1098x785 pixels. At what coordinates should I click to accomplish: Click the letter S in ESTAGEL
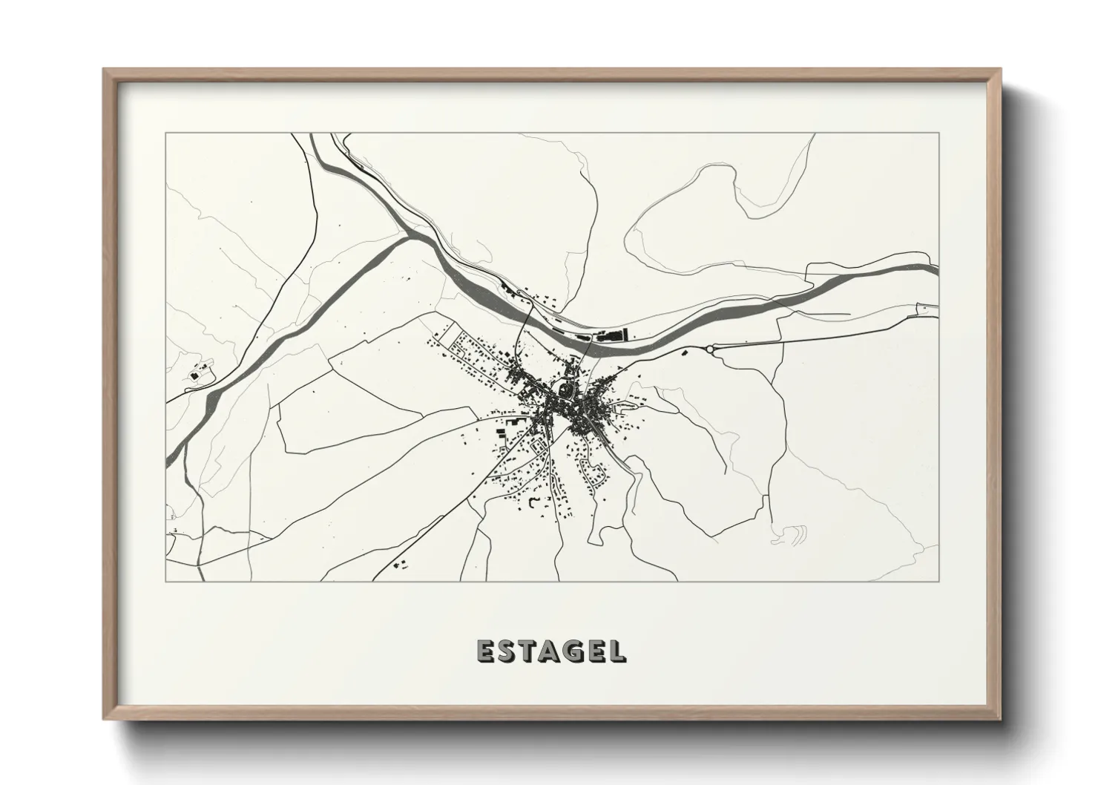click(x=507, y=651)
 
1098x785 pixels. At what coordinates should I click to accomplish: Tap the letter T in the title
click(x=528, y=651)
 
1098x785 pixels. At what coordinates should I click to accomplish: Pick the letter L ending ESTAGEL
click(x=617, y=651)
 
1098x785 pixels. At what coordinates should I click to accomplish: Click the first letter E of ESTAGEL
click(x=486, y=651)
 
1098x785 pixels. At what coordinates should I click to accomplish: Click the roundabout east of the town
click(x=709, y=348)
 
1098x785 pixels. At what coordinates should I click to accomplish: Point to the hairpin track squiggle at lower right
click(x=791, y=534)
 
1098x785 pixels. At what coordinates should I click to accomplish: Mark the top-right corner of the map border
click(x=938, y=134)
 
